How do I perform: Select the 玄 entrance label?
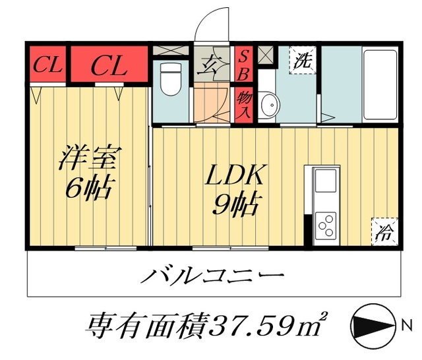pos(211,65)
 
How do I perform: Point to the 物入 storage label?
pos(243,104)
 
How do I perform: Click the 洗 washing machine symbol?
pos(303,62)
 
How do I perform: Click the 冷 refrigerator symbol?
pos(384,232)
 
